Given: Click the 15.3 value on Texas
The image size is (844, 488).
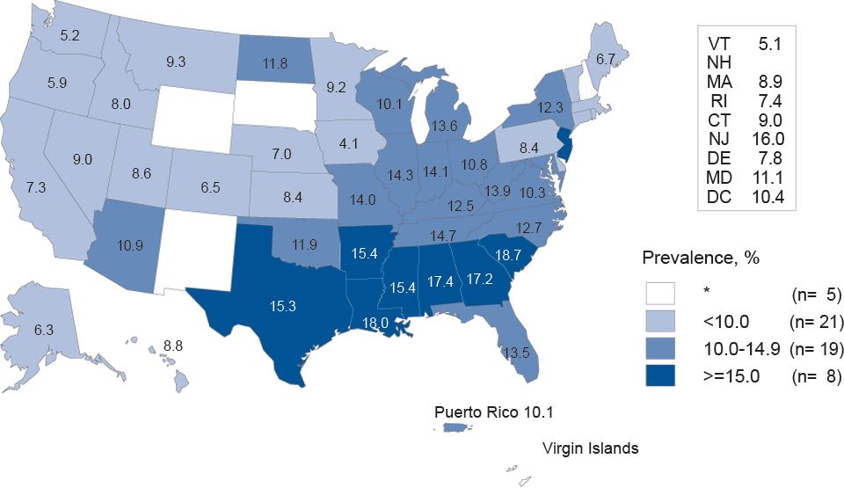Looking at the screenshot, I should pos(283,306).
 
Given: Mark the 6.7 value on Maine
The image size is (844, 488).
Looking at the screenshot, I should pos(606,59).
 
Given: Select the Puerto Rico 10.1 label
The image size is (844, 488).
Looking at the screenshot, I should pos(495,412).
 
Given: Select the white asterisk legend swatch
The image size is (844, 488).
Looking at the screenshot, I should pos(665,292).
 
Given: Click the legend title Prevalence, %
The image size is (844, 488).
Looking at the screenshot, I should pos(701,259).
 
